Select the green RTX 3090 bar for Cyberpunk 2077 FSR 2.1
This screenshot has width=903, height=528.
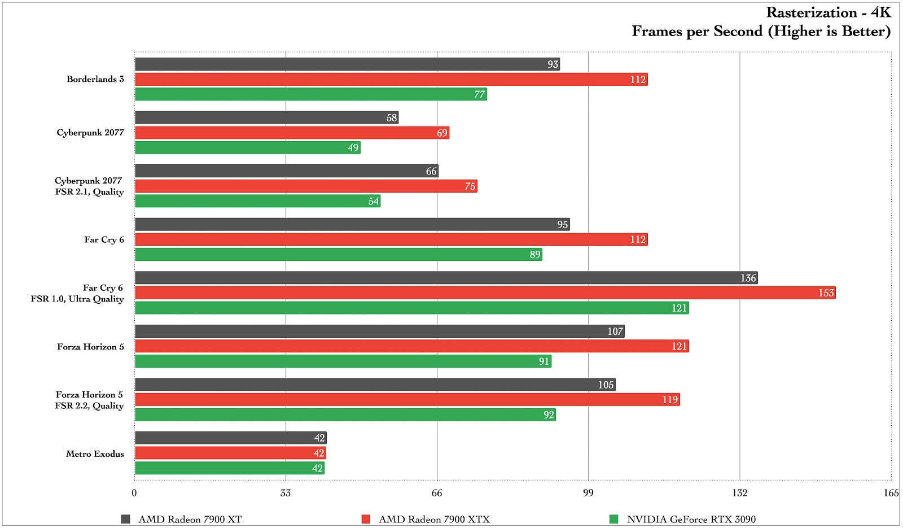click(x=257, y=201)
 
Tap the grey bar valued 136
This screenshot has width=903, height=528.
click(x=446, y=278)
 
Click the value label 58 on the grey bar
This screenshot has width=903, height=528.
click(x=392, y=117)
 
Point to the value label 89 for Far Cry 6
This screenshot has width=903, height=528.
click(x=535, y=255)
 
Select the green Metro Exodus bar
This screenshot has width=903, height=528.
click(x=229, y=468)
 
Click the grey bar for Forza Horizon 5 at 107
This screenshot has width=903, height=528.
click(x=379, y=331)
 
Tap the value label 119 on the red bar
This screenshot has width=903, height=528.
click(x=670, y=400)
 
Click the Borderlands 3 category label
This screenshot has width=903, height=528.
click(x=95, y=79)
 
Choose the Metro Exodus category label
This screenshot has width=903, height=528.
click(x=95, y=453)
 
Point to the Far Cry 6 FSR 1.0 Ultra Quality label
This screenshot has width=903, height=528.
click(x=77, y=293)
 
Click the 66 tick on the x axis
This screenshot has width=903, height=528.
click(x=437, y=493)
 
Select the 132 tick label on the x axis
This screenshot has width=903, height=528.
click(x=739, y=493)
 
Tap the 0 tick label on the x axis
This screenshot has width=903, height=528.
click(x=134, y=493)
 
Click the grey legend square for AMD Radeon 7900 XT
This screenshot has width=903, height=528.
click(x=126, y=519)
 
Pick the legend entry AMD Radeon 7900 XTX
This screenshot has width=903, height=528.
click(x=434, y=519)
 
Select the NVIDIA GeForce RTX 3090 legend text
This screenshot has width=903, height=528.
click(x=691, y=519)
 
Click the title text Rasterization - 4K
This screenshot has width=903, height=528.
click(x=828, y=12)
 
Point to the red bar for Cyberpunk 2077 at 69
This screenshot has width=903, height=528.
click(x=292, y=133)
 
